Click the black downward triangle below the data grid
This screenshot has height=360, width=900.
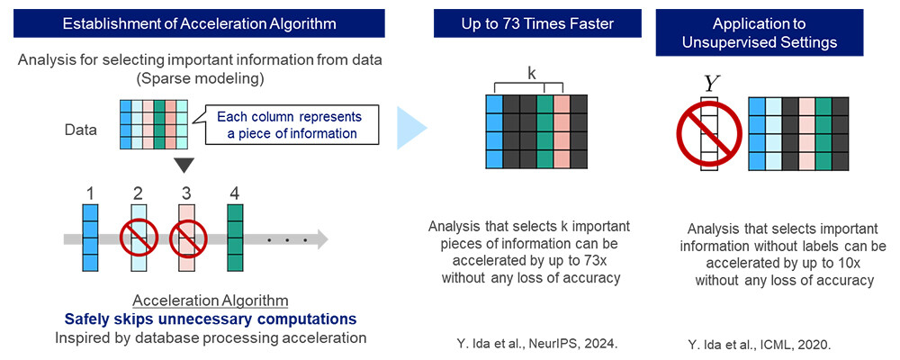184,166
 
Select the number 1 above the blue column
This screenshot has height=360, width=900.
89,192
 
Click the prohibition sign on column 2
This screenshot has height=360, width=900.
139,239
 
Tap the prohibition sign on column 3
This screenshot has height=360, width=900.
188,239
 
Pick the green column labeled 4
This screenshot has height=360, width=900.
236,238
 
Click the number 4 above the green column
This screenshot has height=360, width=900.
235,192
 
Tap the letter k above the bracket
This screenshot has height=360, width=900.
532,74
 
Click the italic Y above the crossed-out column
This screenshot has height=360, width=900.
710,84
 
